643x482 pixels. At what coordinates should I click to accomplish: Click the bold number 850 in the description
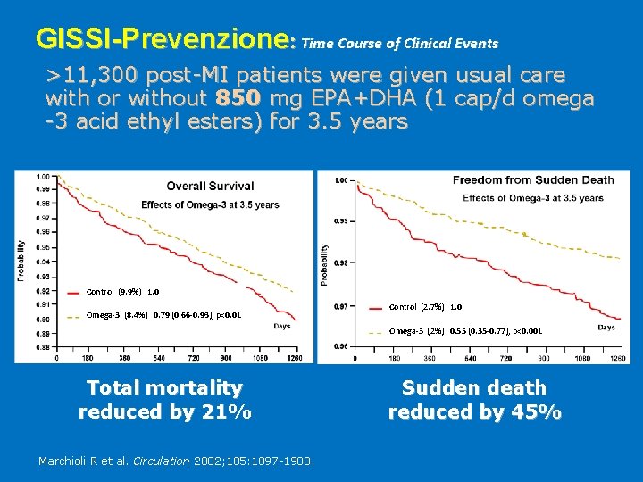coord(235,97)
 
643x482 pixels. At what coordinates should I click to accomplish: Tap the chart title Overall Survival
coord(210,187)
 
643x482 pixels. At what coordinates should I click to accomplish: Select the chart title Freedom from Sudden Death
coord(533,180)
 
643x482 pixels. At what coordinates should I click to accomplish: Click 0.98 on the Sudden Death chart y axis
coord(341,263)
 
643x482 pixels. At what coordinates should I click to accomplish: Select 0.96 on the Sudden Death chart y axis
coord(341,346)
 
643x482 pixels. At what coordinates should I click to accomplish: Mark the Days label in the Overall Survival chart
coord(282,327)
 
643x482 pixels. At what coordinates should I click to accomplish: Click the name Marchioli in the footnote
coord(68,461)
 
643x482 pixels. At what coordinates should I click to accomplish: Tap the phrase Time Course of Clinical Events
coord(400,43)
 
